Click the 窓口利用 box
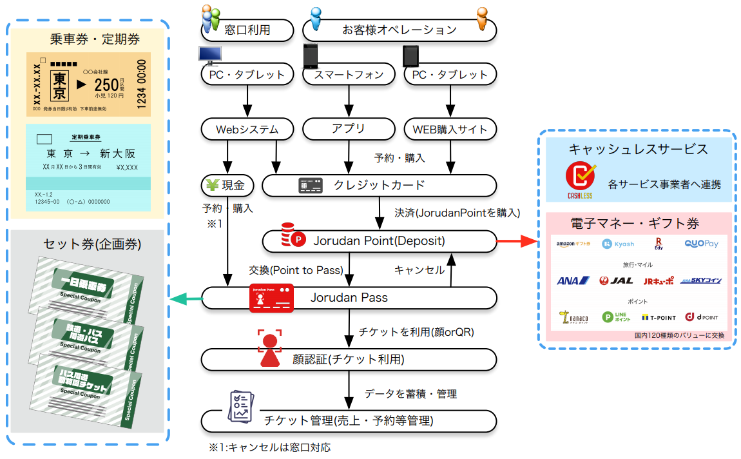247,29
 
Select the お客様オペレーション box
399,29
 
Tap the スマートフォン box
349,74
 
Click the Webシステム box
247,130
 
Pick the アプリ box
349,130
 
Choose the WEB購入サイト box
450,130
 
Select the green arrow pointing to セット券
186,298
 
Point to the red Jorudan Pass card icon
271,297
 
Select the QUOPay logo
702,244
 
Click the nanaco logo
573,317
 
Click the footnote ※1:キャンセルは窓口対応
269,447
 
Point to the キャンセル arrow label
419,270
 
